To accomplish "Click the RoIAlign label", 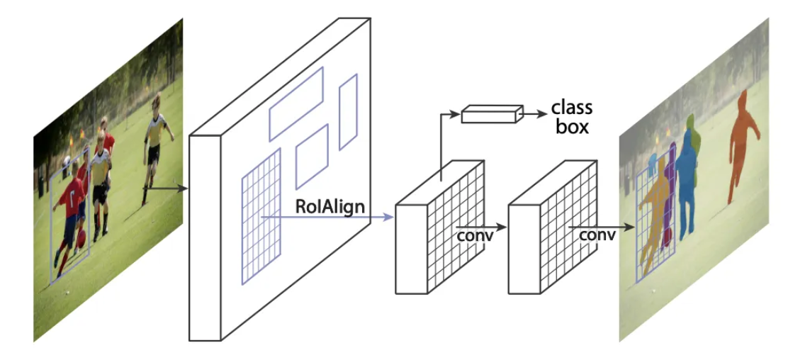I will (331, 207).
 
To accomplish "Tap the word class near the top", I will (571, 108).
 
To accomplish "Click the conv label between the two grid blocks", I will (474, 235).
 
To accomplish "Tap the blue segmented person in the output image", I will (686, 184).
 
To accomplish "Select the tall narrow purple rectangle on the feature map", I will (348, 112).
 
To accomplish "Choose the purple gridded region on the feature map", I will (261, 217).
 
